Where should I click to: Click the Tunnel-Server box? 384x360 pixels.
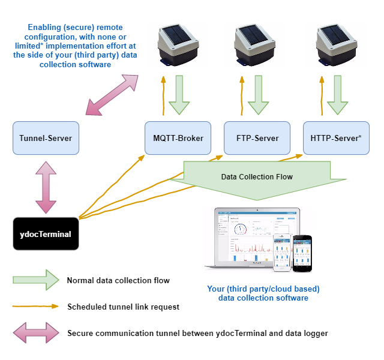tap(46, 138)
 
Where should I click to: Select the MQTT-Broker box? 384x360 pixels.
tap(178, 138)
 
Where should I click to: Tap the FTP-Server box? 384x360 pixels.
tap(257, 138)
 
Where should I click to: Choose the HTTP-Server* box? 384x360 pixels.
tap(336, 138)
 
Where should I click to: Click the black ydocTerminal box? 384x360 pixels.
tap(46, 234)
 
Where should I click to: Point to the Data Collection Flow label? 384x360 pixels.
tap(257, 177)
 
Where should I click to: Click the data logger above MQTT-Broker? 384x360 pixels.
tap(178, 45)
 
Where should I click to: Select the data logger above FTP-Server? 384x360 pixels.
tap(254, 45)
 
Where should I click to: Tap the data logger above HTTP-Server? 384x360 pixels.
tap(337, 45)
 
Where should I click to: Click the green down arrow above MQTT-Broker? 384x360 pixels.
tap(179, 95)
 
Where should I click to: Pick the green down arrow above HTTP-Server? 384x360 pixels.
tap(338, 95)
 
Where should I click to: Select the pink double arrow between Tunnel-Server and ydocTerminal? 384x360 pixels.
tap(46, 187)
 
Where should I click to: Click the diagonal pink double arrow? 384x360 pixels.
tap(112, 95)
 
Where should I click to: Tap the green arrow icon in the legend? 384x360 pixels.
tap(36, 280)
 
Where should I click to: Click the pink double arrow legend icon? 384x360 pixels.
tap(36, 333)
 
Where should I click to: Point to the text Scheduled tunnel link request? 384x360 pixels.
tap(123, 307)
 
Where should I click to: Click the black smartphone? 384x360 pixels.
tap(302, 253)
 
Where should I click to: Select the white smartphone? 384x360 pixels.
tap(282, 253)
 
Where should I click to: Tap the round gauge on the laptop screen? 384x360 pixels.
tap(241, 229)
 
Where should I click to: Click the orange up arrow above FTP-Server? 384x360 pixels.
tap(242, 96)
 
